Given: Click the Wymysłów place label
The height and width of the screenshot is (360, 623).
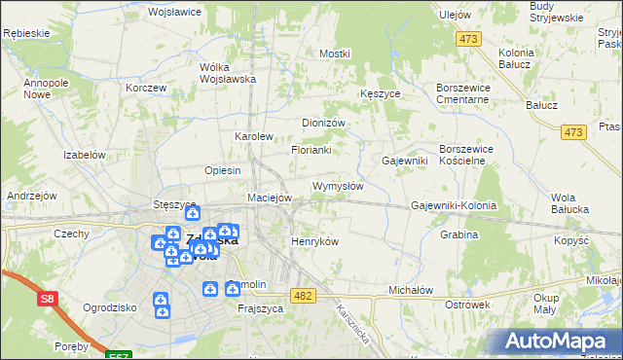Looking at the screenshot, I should (337, 186).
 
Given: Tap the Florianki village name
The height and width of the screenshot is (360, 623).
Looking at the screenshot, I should (311, 151).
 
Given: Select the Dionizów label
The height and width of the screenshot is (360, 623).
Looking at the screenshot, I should (324, 124).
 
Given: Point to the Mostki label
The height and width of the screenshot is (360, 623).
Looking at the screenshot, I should (334, 54).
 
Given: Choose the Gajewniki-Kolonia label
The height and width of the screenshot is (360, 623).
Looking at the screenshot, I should (454, 206).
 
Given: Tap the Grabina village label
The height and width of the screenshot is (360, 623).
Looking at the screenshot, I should (458, 234).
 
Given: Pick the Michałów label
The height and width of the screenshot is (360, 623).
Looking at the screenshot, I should (410, 290).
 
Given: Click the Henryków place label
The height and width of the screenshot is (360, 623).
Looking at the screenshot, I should (314, 241).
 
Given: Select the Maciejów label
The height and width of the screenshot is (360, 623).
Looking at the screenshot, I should (270, 198).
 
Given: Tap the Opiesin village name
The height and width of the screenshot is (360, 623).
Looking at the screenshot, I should (223, 170).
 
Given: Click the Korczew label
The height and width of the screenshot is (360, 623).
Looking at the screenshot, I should (146, 88).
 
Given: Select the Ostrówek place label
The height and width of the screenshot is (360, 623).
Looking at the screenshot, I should (466, 305).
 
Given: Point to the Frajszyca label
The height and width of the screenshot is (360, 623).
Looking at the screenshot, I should (260, 308).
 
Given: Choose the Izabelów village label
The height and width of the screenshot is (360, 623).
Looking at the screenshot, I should (84, 155).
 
